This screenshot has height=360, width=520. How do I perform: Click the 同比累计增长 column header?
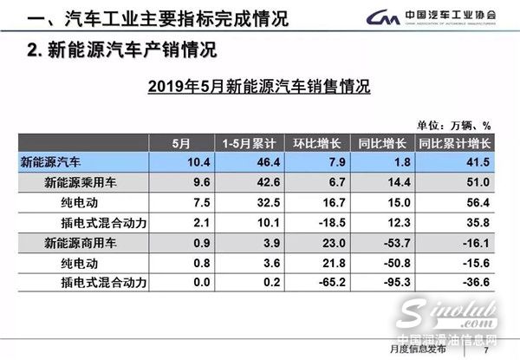click(x=454, y=143)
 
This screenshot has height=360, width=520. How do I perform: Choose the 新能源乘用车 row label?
click(x=79, y=182)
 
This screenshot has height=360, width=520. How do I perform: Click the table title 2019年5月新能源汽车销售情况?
click(x=259, y=86)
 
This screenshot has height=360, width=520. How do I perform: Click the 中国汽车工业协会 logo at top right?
click(x=433, y=17)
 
